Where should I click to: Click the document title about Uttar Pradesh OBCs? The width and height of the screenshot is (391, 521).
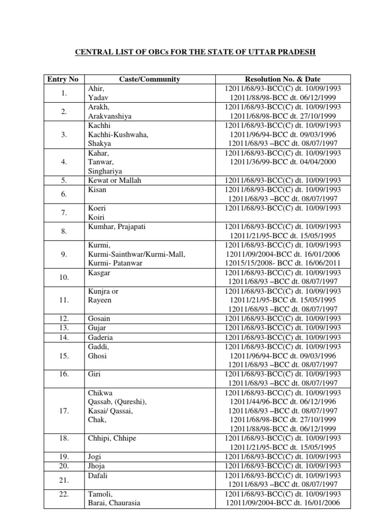point(195,52)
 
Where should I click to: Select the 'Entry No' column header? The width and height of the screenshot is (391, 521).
point(63,79)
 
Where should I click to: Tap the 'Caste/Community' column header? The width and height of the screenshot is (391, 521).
point(149,79)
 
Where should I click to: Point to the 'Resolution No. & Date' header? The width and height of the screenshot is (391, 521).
point(283,79)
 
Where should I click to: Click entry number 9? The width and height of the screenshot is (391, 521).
point(64,254)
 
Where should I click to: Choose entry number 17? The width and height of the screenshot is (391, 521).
point(64,411)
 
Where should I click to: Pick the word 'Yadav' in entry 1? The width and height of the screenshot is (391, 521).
point(98,97)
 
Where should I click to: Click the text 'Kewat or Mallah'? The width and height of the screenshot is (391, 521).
point(115,180)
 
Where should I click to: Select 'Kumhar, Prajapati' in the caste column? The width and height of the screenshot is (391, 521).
point(117,226)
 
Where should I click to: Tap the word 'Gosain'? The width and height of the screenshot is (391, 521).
point(99,318)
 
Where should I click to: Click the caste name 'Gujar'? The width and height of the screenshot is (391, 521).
point(97,327)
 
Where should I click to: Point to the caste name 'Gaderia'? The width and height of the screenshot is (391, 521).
point(100,337)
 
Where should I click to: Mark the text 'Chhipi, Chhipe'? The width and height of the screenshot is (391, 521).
point(112,438)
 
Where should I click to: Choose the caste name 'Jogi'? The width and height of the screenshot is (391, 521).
point(96,456)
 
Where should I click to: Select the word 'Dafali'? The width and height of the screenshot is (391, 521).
point(98,475)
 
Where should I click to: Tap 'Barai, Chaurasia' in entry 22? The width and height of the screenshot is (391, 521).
point(114,503)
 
